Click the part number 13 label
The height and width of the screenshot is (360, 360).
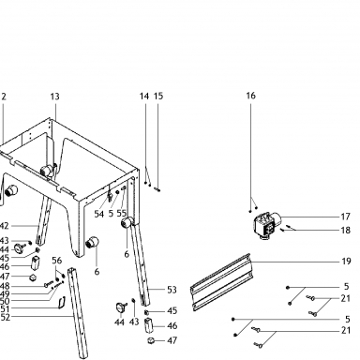(x=54, y=97)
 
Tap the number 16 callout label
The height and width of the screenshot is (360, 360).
(x=250, y=96)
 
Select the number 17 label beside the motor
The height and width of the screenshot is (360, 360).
(x=345, y=217)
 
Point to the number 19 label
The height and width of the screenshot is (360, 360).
(x=346, y=262)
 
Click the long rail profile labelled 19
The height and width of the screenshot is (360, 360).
(x=221, y=282)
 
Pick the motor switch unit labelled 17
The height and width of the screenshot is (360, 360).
(x=266, y=226)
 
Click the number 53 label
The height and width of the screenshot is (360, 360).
(x=172, y=290)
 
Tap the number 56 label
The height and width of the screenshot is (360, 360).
(x=57, y=261)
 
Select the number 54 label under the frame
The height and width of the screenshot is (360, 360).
(x=99, y=214)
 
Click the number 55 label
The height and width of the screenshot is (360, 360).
(x=122, y=214)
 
